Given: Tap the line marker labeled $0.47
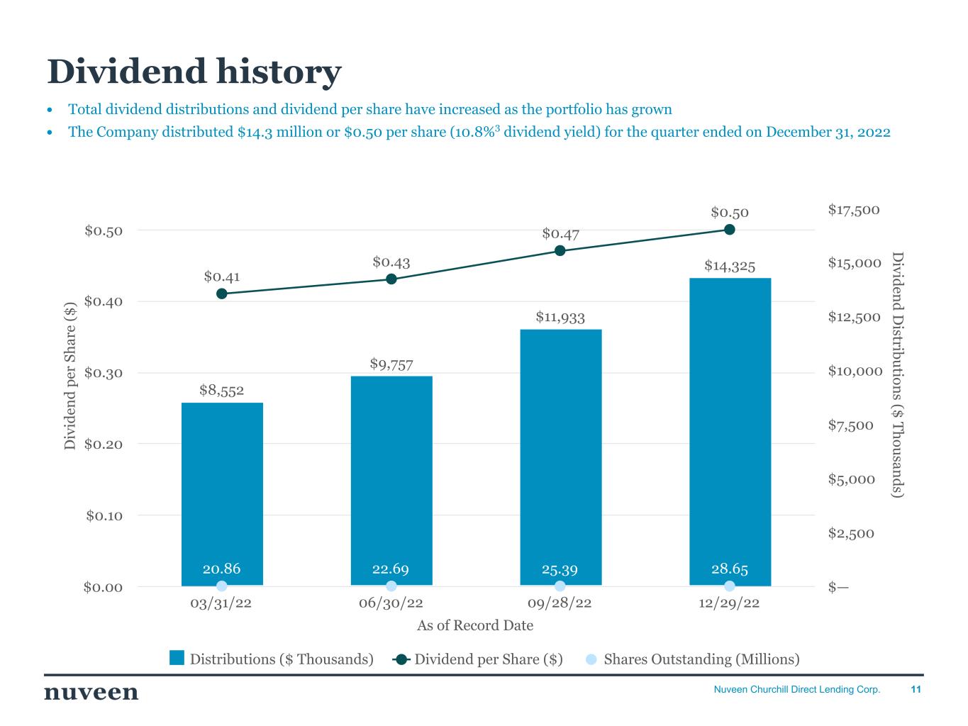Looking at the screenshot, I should [x=560, y=250].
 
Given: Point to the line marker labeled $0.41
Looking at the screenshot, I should [x=222, y=294].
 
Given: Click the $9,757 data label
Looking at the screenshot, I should [x=391, y=364].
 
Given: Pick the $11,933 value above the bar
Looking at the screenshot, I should [x=560, y=317].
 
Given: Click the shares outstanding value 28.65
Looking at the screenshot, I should [x=730, y=569].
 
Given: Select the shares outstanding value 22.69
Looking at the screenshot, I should [x=391, y=569].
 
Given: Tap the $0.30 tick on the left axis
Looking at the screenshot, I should [x=104, y=373].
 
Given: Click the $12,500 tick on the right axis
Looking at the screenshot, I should [x=854, y=317].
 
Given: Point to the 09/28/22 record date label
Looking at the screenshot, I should [x=560, y=603].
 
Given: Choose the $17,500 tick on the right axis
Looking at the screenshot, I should [x=854, y=210].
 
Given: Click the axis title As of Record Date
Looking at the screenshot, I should [x=475, y=625].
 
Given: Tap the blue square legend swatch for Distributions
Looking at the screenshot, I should [x=177, y=659].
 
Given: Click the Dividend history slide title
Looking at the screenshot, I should [x=194, y=72].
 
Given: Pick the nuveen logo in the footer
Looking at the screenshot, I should [x=91, y=692].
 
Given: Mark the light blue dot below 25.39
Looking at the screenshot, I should [x=560, y=586].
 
